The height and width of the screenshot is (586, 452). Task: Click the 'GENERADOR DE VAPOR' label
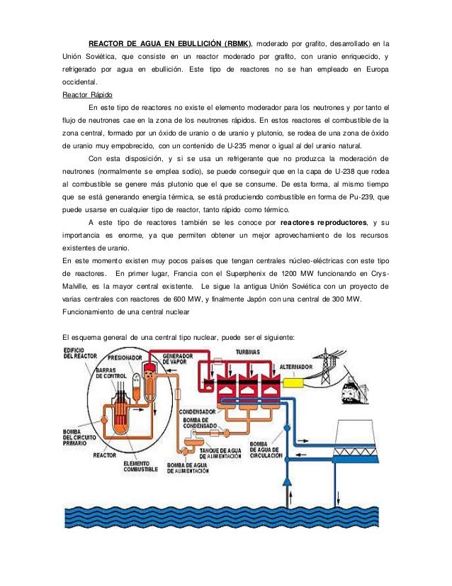click(x=179, y=359)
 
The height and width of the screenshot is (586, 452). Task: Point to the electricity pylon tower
click(x=330, y=369)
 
